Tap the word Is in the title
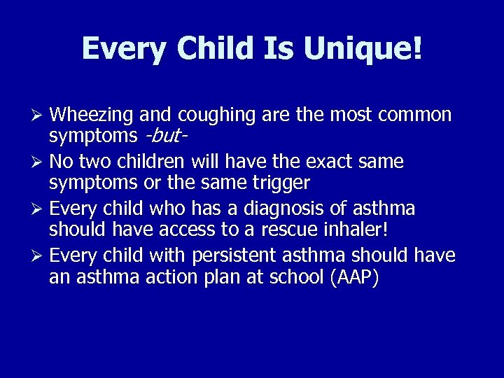[x=283, y=49]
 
